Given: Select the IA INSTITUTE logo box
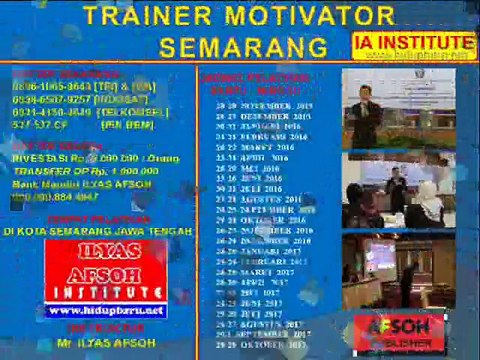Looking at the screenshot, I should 413,44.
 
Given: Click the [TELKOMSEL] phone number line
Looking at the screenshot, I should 76,111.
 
